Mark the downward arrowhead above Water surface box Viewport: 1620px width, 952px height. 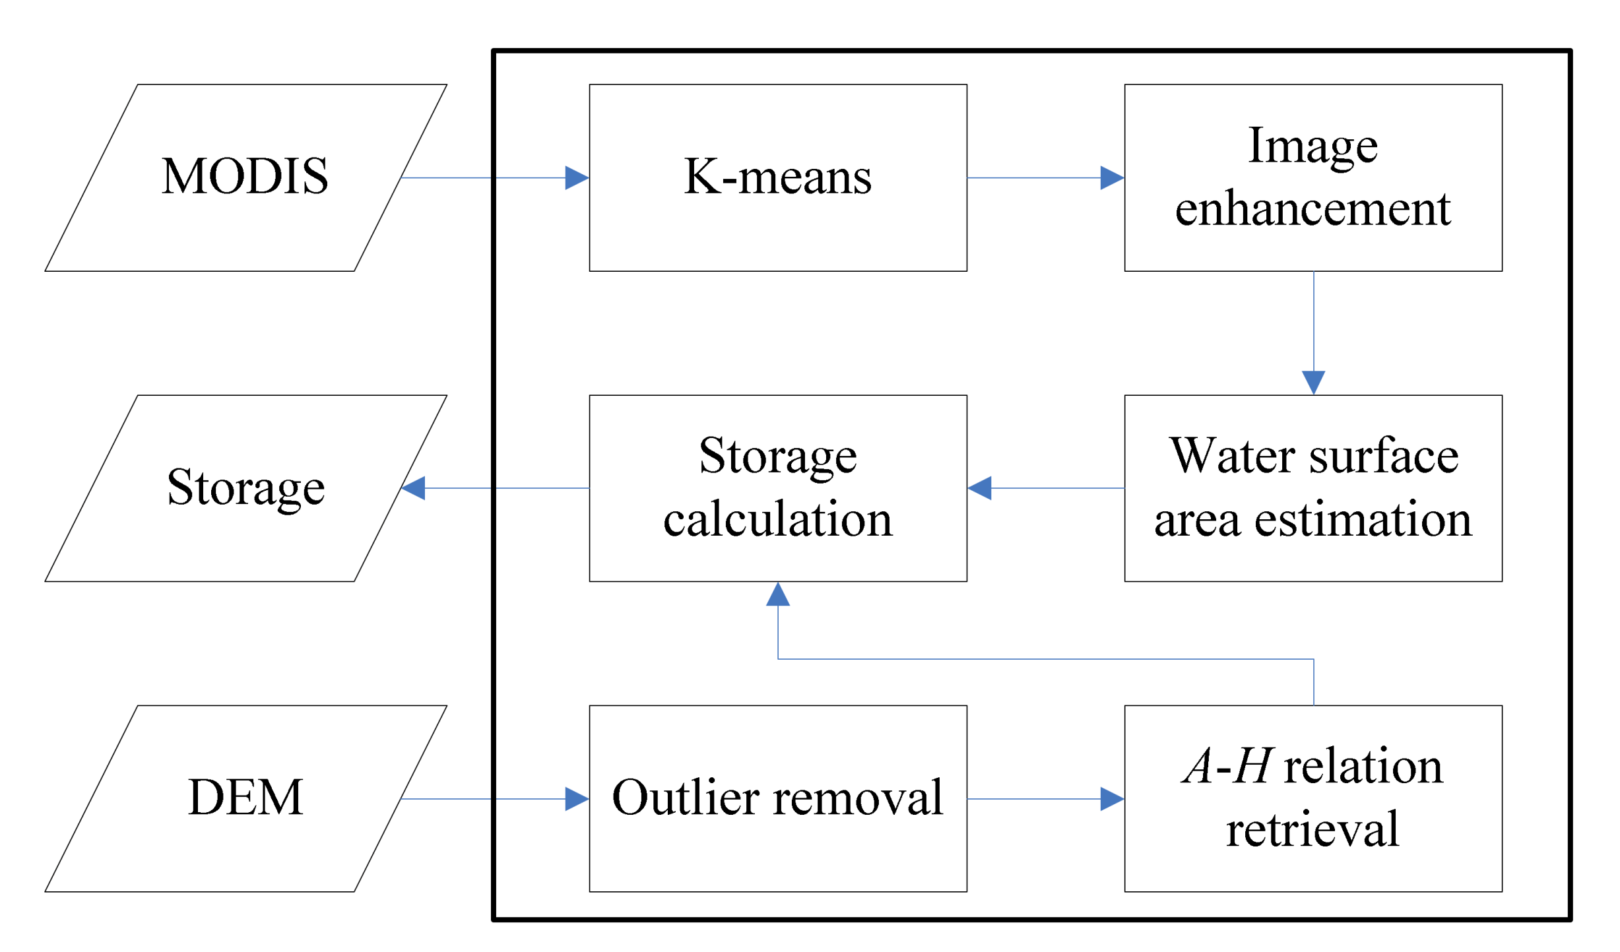(x=1314, y=383)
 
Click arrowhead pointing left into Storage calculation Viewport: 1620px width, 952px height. (x=979, y=489)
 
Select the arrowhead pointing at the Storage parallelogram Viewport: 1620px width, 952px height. (x=414, y=489)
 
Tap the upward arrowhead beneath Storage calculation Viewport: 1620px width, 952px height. (x=778, y=594)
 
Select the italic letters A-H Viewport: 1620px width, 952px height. (x=1228, y=767)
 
